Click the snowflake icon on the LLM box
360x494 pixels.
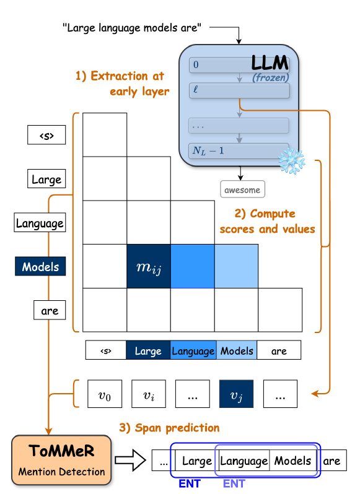(x=292, y=161)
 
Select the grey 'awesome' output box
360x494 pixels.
(x=242, y=189)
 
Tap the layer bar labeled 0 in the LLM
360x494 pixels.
(x=239, y=65)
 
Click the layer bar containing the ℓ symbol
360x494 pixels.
(x=239, y=90)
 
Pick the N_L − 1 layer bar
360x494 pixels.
(x=239, y=151)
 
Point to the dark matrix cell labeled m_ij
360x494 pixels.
(x=149, y=266)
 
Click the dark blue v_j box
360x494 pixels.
(x=236, y=394)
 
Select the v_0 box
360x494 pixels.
(x=105, y=394)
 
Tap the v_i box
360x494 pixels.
(x=149, y=394)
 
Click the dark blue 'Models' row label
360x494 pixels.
(x=40, y=266)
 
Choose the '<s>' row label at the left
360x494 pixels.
(x=46, y=135)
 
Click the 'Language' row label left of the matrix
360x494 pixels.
(x=40, y=222)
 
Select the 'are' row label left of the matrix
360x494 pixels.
(x=50, y=310)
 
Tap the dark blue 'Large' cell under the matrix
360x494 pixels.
(x=148, y=350)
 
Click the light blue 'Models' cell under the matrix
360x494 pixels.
(x=237, y=350)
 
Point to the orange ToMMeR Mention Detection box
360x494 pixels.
(x=61, y=461)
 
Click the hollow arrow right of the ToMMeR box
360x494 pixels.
(x=130, y=461)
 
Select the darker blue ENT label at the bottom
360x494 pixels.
(x=190, y=483)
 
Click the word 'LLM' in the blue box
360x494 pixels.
(x=270, y=63)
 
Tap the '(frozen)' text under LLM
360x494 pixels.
(x=271, y=77)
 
